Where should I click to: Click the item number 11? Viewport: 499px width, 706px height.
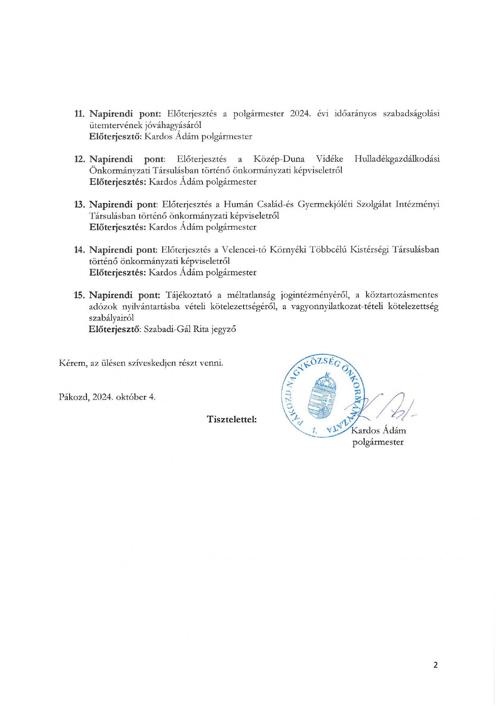[79, 114]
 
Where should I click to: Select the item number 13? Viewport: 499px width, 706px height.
[79, 204]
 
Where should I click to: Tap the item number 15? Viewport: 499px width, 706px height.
[79, 295]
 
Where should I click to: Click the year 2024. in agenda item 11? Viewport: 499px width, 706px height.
[301, 114]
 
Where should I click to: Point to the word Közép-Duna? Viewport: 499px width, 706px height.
[279, 159]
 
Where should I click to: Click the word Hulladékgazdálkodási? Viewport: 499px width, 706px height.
[397, 159]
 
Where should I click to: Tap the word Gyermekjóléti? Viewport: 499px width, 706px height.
[325, 204]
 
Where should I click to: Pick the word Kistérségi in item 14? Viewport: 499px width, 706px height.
[369, 250]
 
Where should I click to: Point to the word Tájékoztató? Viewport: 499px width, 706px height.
[188, 295]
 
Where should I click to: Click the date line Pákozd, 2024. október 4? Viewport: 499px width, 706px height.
[107, 397]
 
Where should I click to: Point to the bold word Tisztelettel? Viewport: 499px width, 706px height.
[232, 419]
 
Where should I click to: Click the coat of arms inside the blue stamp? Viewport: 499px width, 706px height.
[322, 396]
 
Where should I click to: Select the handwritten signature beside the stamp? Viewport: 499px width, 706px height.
[386, 407]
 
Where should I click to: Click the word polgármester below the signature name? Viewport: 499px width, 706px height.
[378, 442]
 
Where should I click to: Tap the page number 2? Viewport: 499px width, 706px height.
[435, 665]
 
